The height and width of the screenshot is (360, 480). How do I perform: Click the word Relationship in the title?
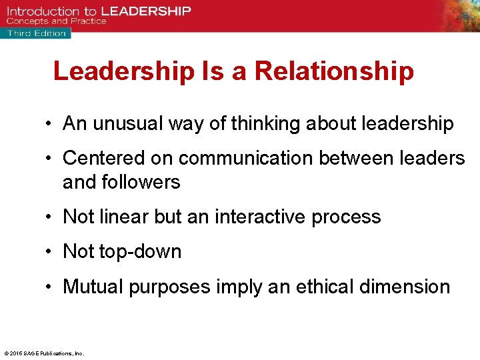point(334,72)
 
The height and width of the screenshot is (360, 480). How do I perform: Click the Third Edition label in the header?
point(37,33)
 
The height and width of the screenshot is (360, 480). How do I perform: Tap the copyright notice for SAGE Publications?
point(44,353)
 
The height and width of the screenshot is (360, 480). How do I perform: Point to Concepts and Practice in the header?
point(57,21)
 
